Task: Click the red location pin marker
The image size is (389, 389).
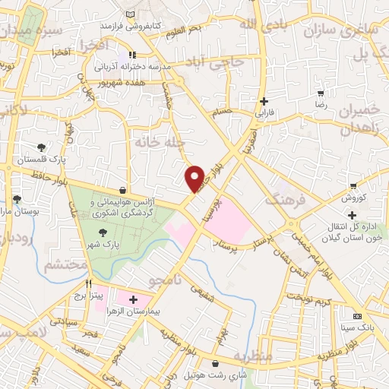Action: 194,178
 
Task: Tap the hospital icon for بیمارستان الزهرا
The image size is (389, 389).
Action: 134,299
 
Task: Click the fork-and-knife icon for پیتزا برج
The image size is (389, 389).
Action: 89,283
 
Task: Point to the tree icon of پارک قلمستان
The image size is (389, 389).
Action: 40,147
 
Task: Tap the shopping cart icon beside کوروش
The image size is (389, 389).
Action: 353,186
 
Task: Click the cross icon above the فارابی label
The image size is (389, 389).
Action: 264,101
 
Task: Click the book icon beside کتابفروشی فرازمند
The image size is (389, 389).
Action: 131,15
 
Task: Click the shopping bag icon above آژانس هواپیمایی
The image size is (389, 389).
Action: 123,190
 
